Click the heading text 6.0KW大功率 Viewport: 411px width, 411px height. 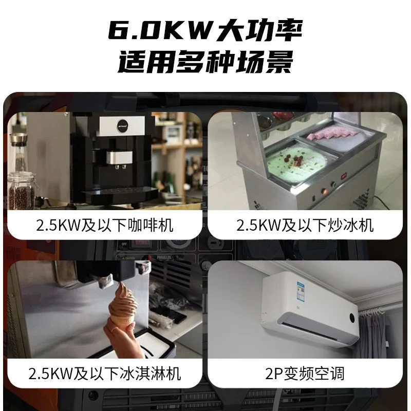(205, 32)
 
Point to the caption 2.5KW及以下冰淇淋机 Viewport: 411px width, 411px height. (105, 373)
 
